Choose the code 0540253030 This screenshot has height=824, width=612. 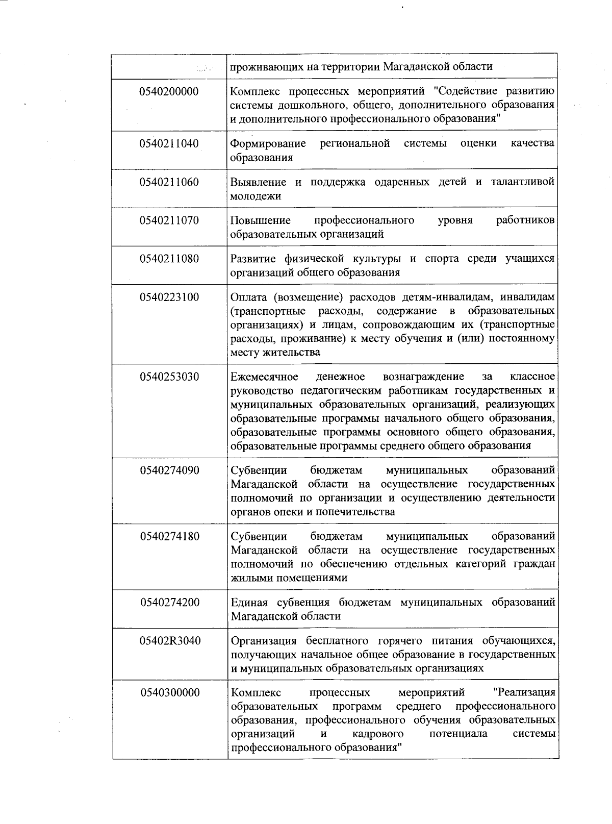tap(169, 377)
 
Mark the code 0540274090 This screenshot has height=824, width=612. tap(169, 470)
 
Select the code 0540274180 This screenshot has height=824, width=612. tap(169, 536)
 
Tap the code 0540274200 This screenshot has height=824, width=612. tap(169, 603)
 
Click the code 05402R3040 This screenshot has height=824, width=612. tap(170, 641)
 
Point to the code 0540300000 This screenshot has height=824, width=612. tap(170, 692)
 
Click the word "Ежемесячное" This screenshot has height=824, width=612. tap(264, 377)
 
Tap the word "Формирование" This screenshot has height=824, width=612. tap(268, 143)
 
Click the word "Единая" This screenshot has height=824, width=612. tap(249, 603)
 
